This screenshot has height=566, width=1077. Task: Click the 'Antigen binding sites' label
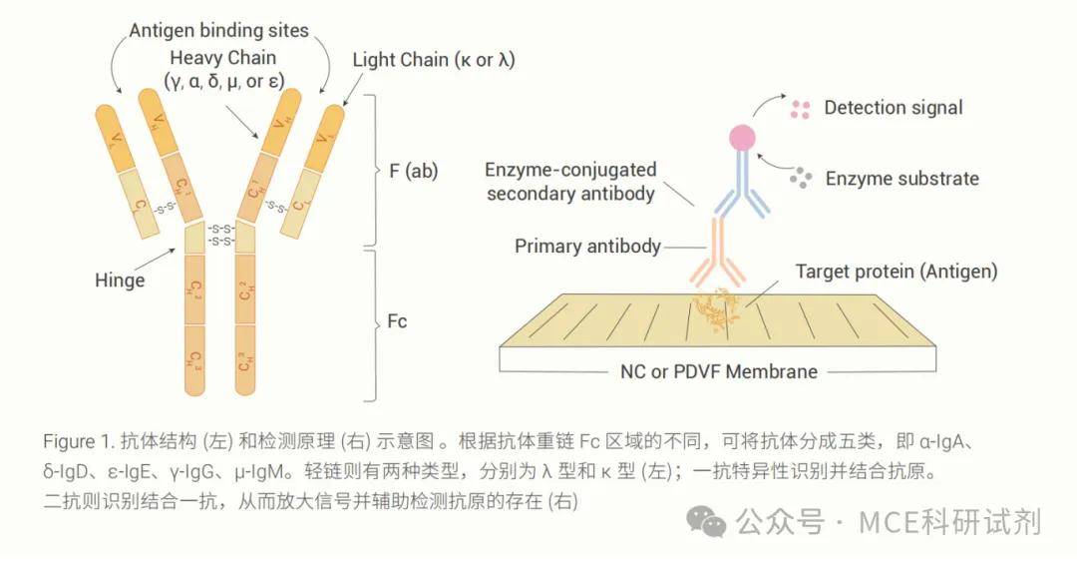coord(218,31)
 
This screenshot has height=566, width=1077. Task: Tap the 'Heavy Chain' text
coord(222,57)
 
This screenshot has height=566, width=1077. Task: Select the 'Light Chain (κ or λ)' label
coord(434,60)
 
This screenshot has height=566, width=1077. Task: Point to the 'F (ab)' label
coord(410,171)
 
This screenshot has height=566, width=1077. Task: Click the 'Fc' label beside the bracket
coord(397,321)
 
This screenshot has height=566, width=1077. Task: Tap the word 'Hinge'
coord(120,280)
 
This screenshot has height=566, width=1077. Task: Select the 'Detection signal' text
coord(894,108)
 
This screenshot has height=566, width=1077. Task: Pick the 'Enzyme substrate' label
coord(901,179)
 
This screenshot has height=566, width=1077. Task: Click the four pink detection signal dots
coord(800,109)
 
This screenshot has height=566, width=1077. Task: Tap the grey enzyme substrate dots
coord(800,179)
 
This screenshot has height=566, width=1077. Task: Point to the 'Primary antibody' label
coord(587,246)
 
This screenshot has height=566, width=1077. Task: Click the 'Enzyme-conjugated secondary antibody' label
coord(570,182)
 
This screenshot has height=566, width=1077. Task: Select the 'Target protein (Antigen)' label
coord(897,271)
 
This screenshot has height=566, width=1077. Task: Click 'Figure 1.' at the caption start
coord(78,441)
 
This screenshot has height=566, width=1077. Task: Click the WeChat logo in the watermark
coord(710,519)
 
